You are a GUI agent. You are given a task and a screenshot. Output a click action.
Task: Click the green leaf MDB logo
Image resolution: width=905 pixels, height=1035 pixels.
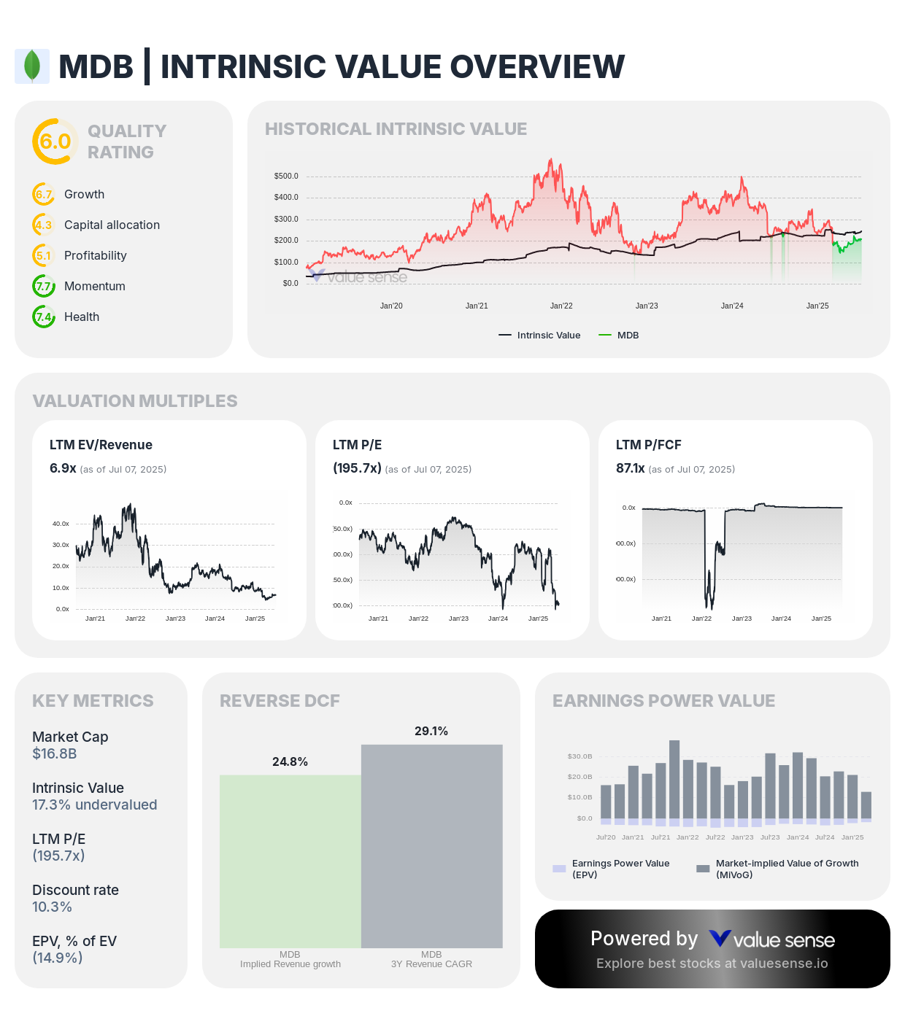[32, 66]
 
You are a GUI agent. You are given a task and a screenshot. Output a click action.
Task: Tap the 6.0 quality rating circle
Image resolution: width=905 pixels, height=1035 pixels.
[55, 142]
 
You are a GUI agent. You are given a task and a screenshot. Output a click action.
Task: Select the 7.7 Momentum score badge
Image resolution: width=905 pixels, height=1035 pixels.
[44, 286]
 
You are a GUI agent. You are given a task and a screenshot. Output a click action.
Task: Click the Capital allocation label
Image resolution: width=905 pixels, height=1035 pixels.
[112, 225]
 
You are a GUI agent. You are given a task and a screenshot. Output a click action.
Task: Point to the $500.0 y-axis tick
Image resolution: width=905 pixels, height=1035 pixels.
[286, 176]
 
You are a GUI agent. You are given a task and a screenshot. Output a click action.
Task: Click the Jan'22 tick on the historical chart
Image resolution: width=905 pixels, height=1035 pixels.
[561, 306]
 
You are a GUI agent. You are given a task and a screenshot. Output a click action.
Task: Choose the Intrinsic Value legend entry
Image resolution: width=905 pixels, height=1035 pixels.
[540, 336]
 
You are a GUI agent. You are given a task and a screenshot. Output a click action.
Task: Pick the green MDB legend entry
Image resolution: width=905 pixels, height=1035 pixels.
[619, 336]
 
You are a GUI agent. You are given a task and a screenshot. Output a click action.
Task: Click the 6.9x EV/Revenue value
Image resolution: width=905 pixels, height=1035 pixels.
[63, 468]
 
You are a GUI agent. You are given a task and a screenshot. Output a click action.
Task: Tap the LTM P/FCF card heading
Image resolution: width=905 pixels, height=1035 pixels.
[648, 445]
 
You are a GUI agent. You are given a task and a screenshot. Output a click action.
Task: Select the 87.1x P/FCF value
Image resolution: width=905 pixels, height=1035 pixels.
[630, 468]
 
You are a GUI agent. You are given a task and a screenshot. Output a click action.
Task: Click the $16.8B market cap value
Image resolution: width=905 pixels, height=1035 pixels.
[55, 753]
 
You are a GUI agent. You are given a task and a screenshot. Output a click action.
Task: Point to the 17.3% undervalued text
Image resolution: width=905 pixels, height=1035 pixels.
[94, 805]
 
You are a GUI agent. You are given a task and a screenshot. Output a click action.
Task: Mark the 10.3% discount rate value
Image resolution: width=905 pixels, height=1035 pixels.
[52, 907]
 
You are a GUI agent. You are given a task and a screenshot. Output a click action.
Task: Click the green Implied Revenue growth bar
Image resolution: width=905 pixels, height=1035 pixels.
[290, 861]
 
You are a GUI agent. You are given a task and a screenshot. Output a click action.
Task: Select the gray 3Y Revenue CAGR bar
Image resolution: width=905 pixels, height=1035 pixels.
[431, 846]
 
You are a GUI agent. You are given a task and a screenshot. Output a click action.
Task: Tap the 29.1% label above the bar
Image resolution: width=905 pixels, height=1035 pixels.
[431, 731]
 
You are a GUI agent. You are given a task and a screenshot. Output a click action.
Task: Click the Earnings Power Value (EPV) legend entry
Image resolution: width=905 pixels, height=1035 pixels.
[612, 869]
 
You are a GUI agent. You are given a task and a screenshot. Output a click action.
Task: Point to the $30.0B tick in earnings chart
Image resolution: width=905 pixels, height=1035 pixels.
[579, 756]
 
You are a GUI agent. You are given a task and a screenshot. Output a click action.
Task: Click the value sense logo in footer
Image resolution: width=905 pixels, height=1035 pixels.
[771, 939]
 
